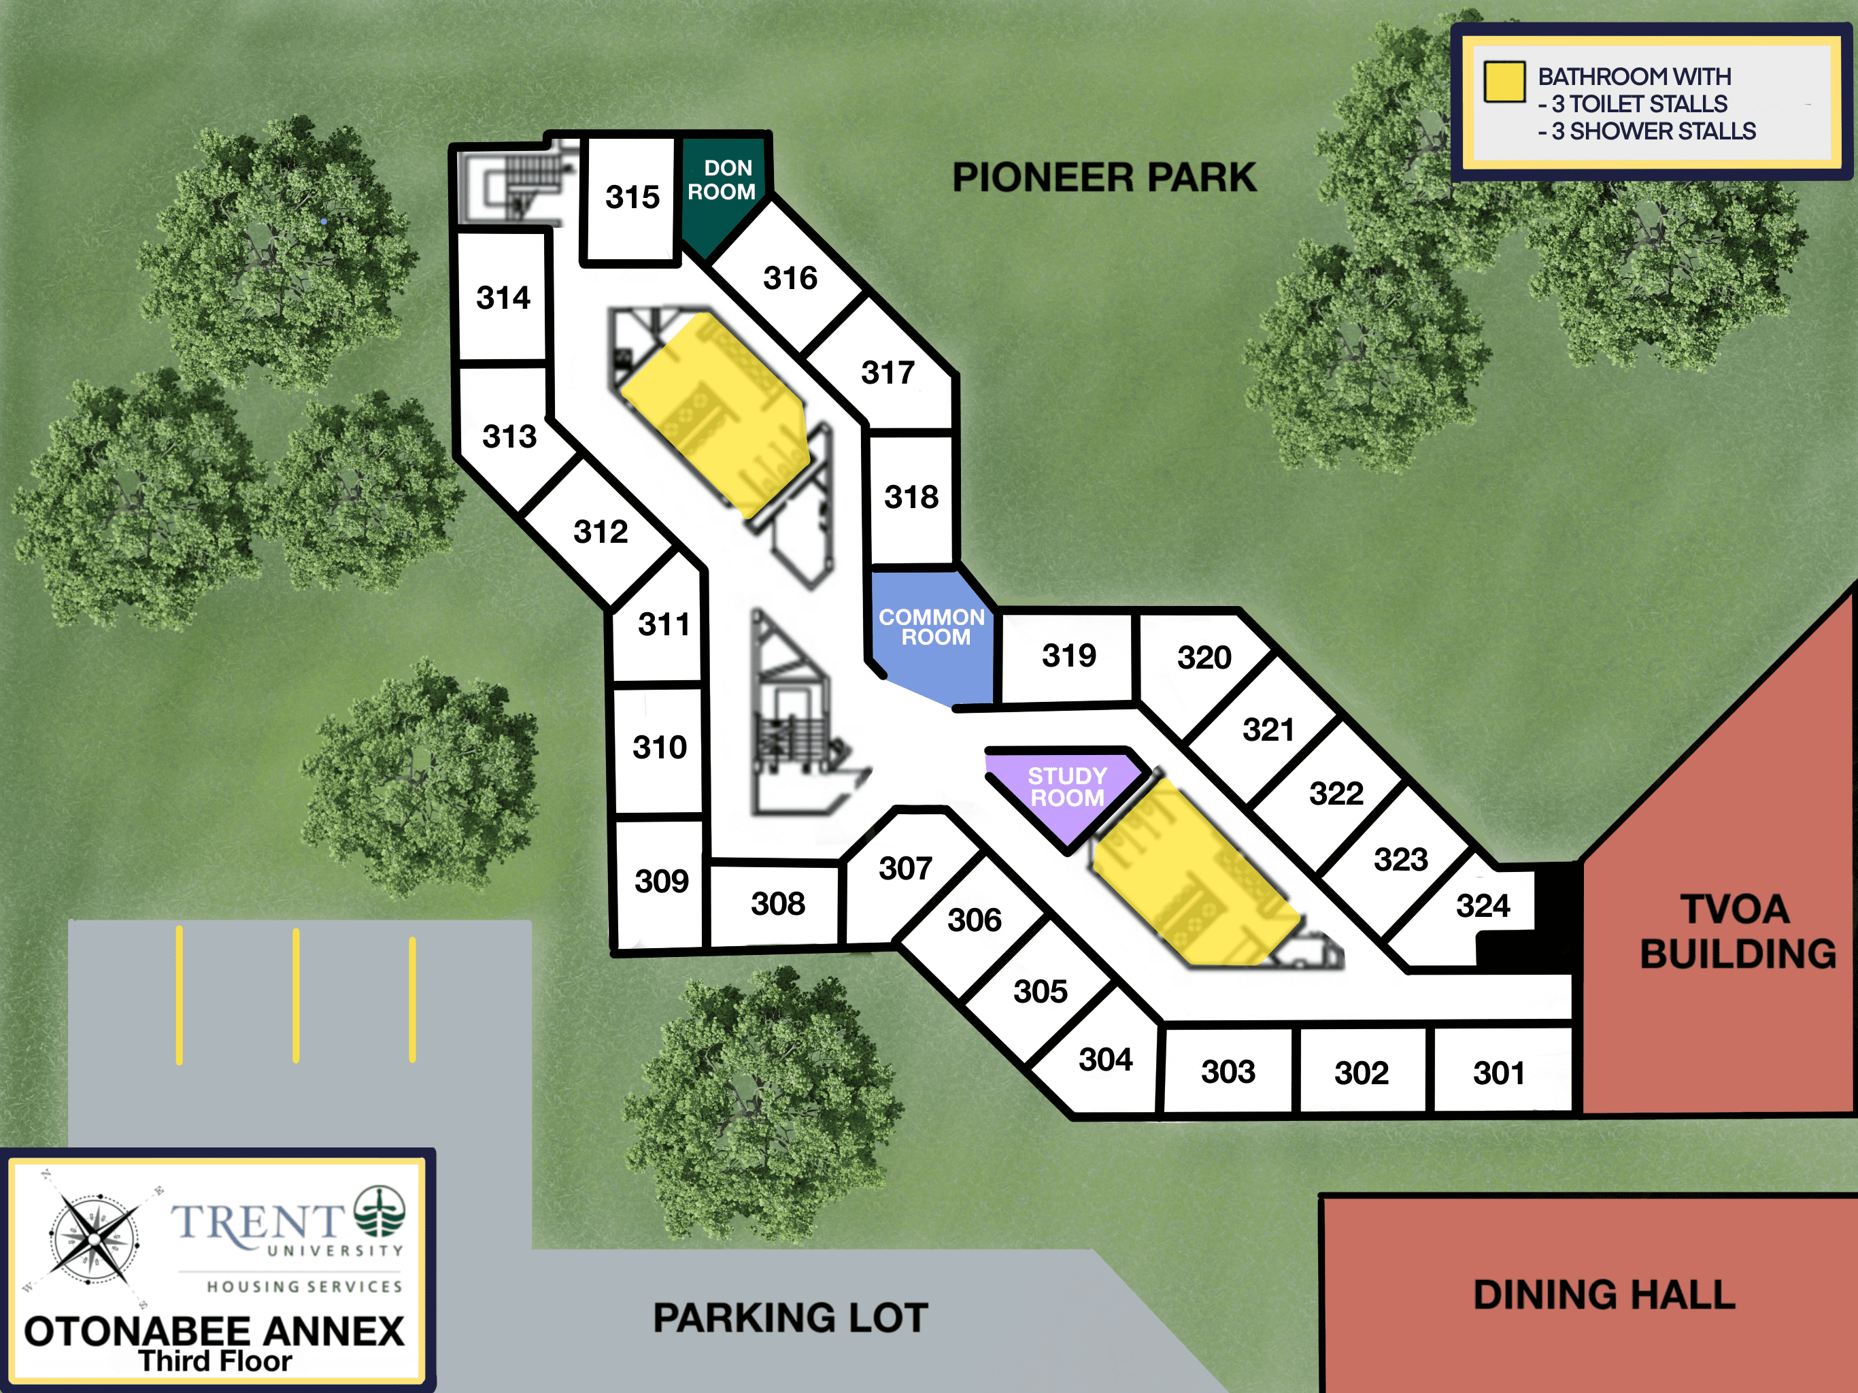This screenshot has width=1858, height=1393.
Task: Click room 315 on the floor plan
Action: coord(632,199)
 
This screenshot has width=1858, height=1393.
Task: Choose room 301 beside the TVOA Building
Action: coord(1501,1071)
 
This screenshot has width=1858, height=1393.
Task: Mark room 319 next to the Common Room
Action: coord(1068,656)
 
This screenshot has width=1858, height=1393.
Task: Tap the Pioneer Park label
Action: coord(1104,178)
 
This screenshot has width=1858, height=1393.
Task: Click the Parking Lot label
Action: coord(790,1318)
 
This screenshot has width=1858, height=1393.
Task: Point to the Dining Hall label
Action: coord(1604,1294)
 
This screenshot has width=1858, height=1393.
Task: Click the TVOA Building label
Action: coord(1737,931)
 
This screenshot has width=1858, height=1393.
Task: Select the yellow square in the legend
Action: coord(1504,82)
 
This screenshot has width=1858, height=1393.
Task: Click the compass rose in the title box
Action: coord(94,1239)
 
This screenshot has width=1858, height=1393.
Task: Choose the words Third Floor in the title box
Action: coord(215,1361)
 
